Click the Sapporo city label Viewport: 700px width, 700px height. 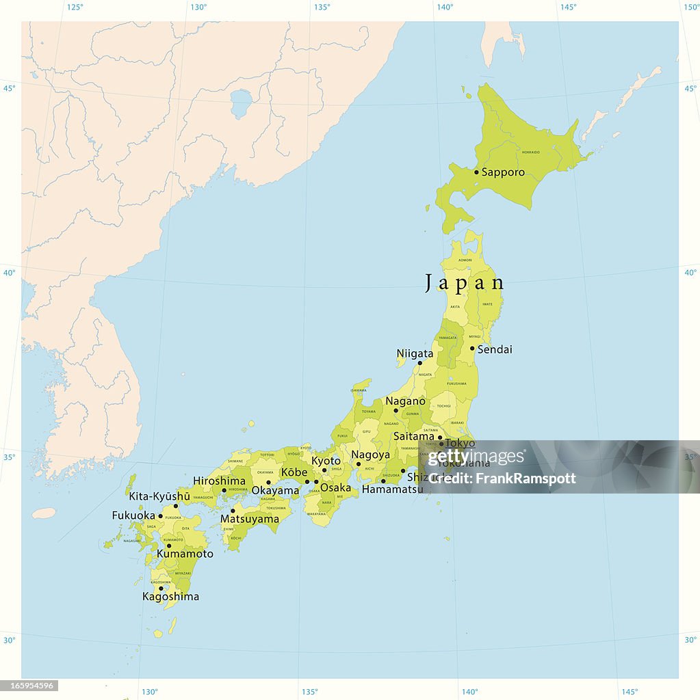(503, 172)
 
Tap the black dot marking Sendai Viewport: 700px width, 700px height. (472, 348)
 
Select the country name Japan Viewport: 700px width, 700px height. (465, 283)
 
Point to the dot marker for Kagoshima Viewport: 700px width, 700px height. (161, 588)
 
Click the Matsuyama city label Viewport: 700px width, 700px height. (250, 520)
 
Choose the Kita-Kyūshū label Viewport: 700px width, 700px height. (160, 496)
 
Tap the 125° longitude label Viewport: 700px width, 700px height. (75, 7)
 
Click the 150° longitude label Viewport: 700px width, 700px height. (691, 7)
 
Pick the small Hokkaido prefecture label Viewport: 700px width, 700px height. (531, 152)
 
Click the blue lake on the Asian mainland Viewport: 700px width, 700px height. (241, 103)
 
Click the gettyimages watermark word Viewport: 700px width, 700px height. (476, 457)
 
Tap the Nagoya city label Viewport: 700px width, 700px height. (370, 455)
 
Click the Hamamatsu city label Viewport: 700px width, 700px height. (392, 489)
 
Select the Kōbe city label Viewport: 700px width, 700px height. (294, 472)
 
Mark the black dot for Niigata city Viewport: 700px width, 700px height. (420, 363)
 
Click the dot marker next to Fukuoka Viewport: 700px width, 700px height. (161, 516)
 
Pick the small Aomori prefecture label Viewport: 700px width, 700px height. (465, 260)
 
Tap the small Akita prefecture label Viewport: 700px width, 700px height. (455, 307)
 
